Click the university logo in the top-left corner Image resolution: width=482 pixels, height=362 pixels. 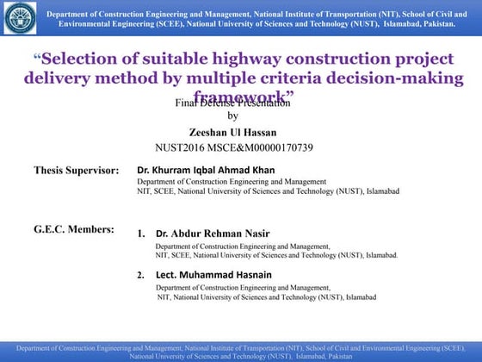[x=19, y=19]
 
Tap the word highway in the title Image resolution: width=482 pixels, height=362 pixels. [x=262, y=60]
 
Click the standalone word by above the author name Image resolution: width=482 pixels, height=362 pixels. [x=232, y=115]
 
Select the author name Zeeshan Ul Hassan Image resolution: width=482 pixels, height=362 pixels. [x=232, y=132]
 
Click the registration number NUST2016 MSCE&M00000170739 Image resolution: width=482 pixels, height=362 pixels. [x=232, y=147]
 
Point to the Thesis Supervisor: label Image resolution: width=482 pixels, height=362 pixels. [x=77, y=171]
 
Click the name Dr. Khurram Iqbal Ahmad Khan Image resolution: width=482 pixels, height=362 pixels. [x=207, y=170]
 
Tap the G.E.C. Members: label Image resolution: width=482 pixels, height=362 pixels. [x=74, y=229]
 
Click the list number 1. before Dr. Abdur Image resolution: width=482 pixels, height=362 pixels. [x=142, y=234]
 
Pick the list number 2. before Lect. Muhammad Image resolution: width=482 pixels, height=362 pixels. [x=142, y=275]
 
